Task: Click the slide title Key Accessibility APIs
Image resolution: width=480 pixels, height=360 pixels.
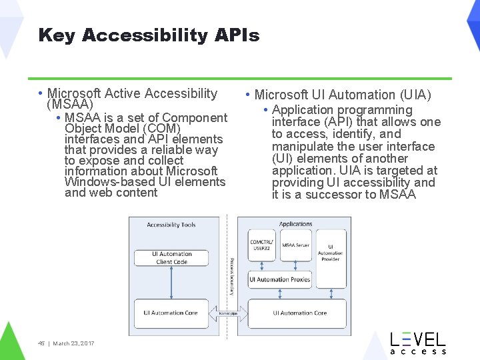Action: click(149, 35)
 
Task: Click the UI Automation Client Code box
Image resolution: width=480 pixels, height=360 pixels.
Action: click(171, 258)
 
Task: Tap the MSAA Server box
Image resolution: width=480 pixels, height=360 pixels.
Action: click(295, 246)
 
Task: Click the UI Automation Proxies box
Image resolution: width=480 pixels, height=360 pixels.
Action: click(280, 279)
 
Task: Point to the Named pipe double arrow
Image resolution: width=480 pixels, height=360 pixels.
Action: click(228, 312)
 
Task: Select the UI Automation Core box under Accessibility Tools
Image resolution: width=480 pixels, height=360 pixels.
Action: click(171, 312)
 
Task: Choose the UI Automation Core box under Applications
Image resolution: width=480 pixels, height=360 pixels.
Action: click(299, 312)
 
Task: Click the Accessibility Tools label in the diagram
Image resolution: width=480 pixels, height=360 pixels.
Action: click(171, 225)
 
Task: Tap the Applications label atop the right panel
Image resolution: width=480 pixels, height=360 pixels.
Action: click(295, 224)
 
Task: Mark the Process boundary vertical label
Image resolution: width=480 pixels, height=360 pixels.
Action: click(231, 273)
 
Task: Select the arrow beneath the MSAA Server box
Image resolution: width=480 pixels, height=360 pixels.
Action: click(295, 265)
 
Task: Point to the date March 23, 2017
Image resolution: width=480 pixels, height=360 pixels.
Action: click(73, 343)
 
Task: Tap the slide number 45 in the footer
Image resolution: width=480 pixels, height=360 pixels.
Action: click(41, 343)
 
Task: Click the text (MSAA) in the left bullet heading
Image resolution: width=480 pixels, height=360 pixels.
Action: click(69, 105)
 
